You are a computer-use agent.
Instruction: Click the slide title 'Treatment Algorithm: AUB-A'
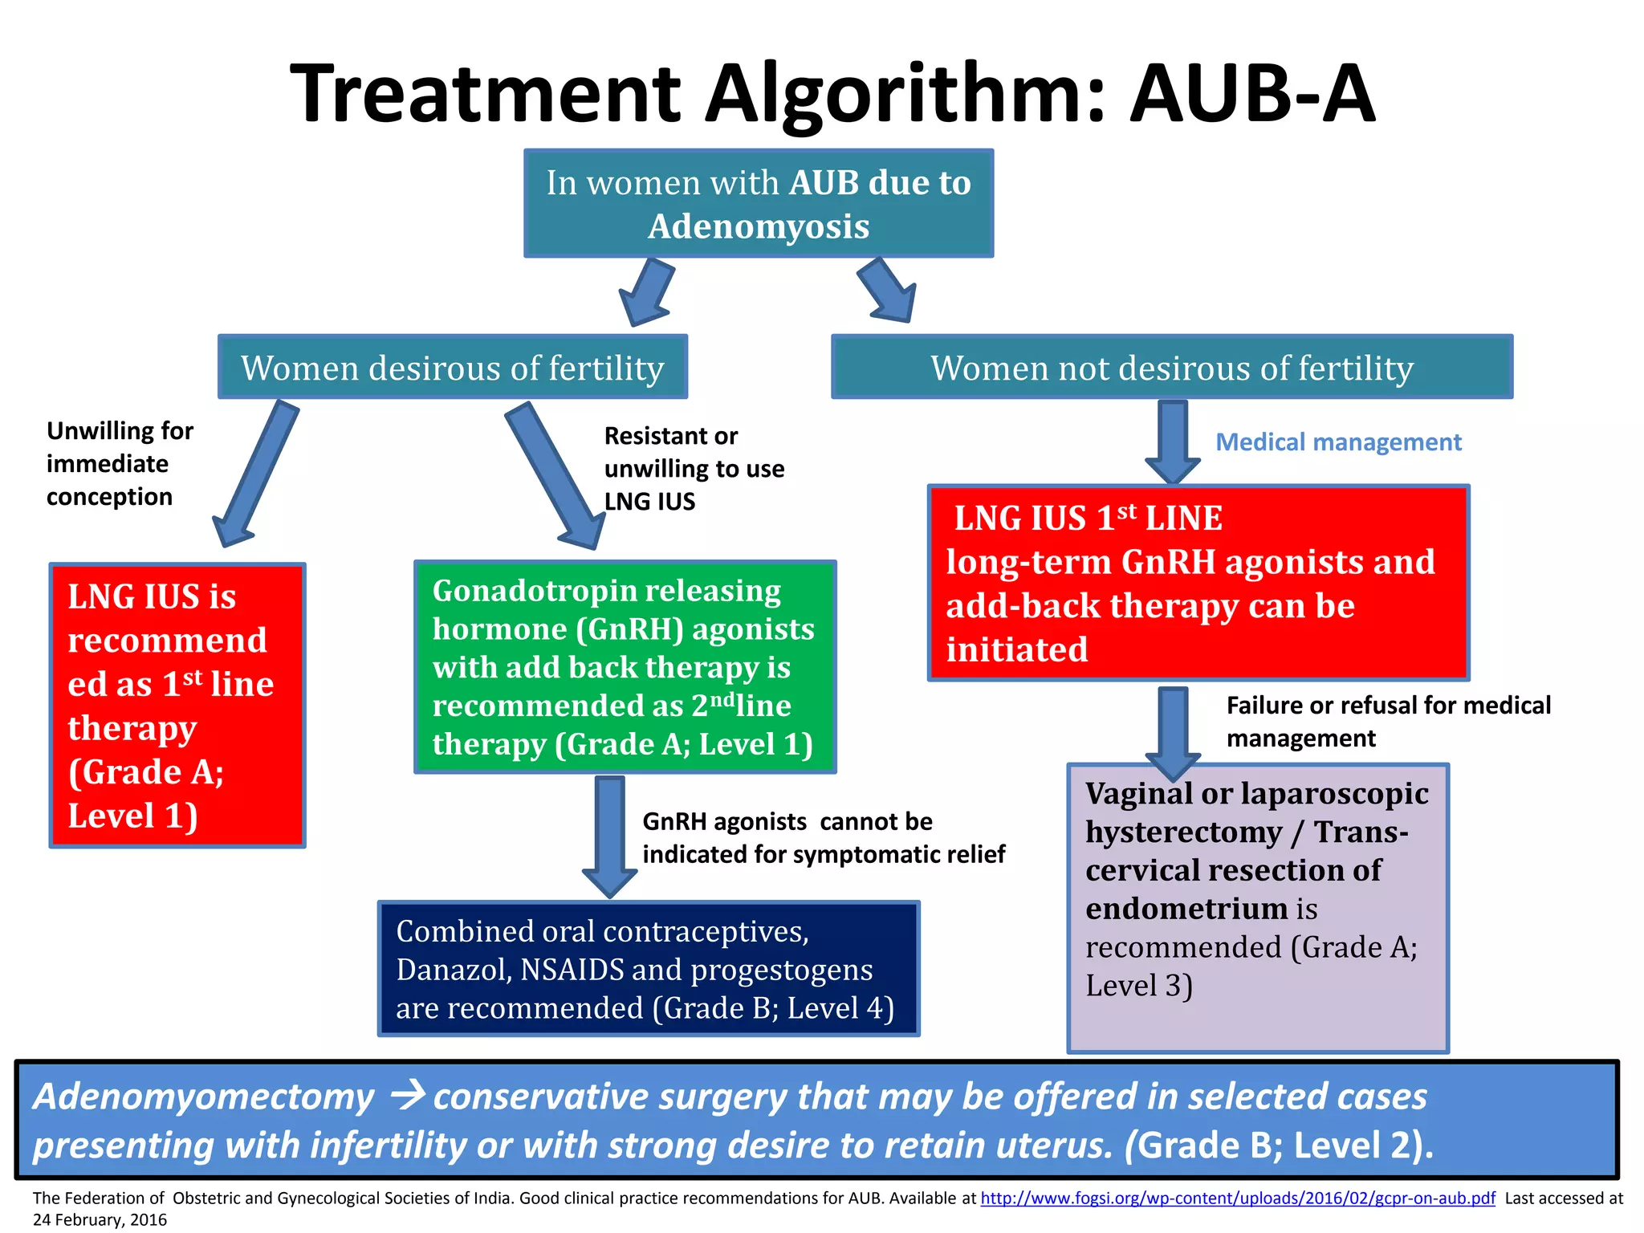832,94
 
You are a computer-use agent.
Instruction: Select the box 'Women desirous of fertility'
452,368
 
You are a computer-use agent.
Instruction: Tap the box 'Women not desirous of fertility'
1171,368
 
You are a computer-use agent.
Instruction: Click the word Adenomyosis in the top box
759,226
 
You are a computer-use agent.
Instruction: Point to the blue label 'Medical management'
1338,442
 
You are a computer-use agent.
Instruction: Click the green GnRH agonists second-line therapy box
625,667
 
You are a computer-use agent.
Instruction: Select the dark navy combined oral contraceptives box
648,969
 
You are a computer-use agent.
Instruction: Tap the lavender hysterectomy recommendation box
1257,907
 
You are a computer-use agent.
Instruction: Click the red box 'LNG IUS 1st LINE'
1198,584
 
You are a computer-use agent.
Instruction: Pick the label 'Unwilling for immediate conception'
119,464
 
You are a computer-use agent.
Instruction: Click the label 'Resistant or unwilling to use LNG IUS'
693,469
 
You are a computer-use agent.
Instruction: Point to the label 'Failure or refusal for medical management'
1387,721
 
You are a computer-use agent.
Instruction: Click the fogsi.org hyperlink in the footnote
1237,1198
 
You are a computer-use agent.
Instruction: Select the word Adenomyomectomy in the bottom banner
203,1097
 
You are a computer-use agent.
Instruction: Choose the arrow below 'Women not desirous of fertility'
1173,442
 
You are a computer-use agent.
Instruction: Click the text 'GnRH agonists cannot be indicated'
823,837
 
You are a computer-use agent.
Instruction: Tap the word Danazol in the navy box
453,970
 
